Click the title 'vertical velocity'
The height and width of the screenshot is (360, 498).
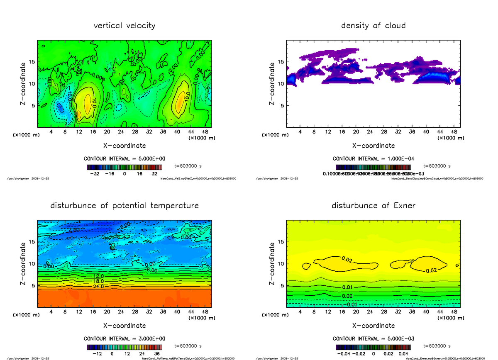[124, 26]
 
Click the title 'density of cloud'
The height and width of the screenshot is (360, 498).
[373, 26]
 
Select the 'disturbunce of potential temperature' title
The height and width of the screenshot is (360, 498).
[124, 206]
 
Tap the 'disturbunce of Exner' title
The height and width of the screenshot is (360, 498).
[373, 206]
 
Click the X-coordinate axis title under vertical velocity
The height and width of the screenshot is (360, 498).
[124, 146]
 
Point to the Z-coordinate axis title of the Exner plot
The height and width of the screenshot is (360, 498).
[272, 264]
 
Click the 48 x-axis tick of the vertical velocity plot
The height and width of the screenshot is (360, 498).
[205, 132]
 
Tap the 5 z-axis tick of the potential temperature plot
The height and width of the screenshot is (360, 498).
[33, 285]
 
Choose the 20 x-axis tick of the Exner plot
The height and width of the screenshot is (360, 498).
[356, 312]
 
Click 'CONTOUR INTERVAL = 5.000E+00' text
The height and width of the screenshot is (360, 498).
[124, 159]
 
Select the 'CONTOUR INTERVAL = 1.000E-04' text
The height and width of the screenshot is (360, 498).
[373, 159]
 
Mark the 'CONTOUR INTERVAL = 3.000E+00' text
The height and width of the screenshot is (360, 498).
[124, 339]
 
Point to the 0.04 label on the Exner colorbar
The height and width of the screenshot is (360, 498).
[404, 354]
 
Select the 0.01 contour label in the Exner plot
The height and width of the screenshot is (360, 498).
[347, 287]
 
